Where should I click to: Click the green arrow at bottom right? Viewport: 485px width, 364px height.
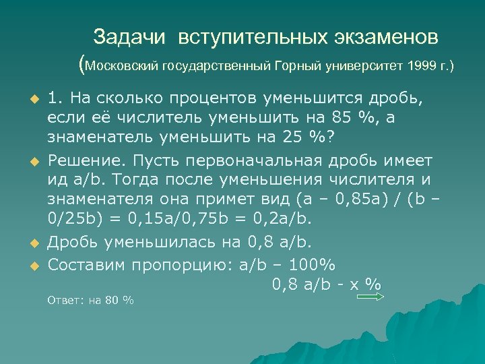pyautogui.click(x=369, y=295)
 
